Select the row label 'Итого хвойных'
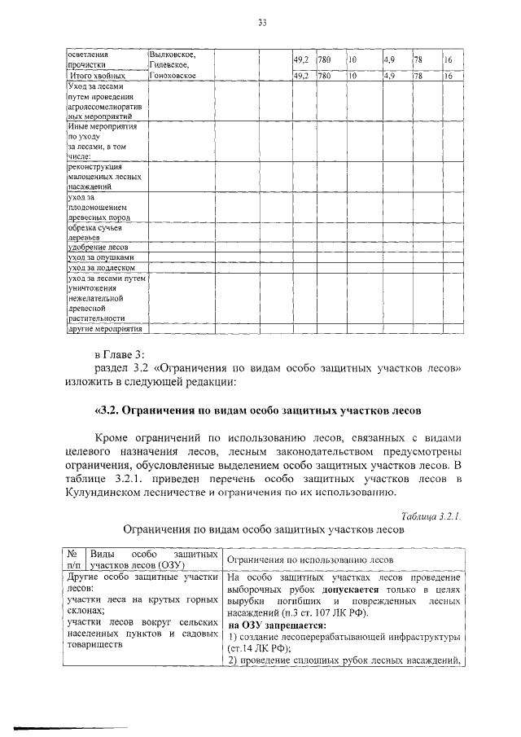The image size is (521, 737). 97,76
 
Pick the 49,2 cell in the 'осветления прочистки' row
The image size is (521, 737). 300,61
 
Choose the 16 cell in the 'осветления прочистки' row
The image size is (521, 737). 449,61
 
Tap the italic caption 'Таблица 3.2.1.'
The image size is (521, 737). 431,515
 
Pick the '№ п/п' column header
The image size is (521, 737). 73,559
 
